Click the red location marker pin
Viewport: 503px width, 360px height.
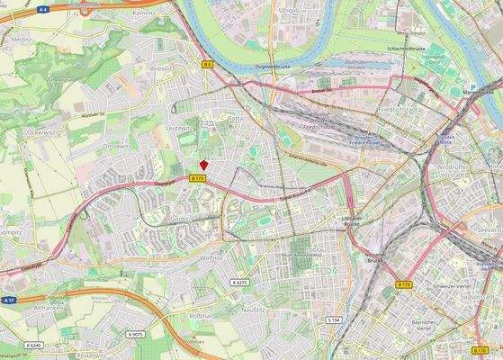pos(204,165)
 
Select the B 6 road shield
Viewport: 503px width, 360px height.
pos(207,65)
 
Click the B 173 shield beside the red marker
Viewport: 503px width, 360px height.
pos(198,179)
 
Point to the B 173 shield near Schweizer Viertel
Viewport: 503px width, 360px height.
pos(404,283)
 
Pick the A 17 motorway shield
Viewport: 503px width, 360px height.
pos(8,300)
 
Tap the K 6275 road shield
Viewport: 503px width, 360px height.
pos(238,283)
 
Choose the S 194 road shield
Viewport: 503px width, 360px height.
pos(333,320)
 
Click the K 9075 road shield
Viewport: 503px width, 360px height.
pos(136,335)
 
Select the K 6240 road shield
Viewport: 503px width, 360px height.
pos(34,345)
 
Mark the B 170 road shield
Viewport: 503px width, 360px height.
pos(482,349)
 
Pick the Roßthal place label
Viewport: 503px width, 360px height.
pos(200,316)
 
